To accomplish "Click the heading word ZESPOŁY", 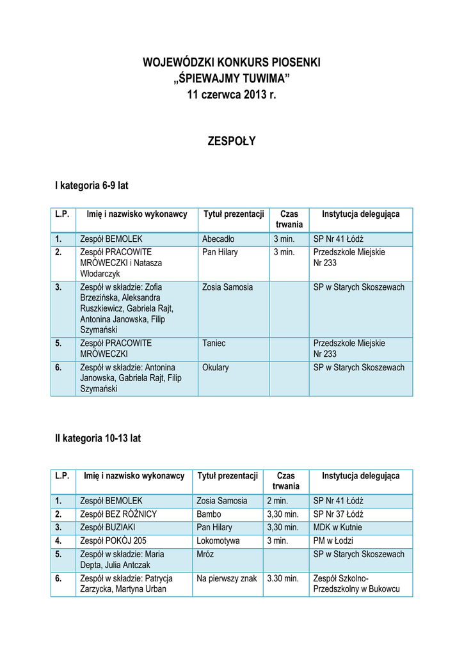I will click(232, 141).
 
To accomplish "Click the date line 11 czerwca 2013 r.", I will click(232, 95).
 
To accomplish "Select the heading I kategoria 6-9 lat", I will click(92, 185).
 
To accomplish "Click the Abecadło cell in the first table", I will click(218, 240).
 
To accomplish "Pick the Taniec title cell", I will click(214, 343).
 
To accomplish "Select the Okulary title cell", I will click(216, 368).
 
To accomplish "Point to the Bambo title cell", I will click(209, 514).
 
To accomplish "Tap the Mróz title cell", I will click(205, 555).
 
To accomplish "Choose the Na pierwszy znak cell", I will click(227, 579).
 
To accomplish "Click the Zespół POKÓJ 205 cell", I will click(112, 541).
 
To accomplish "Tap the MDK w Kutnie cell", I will click(337, 528).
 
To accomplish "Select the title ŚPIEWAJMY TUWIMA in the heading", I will click(232, 79).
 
